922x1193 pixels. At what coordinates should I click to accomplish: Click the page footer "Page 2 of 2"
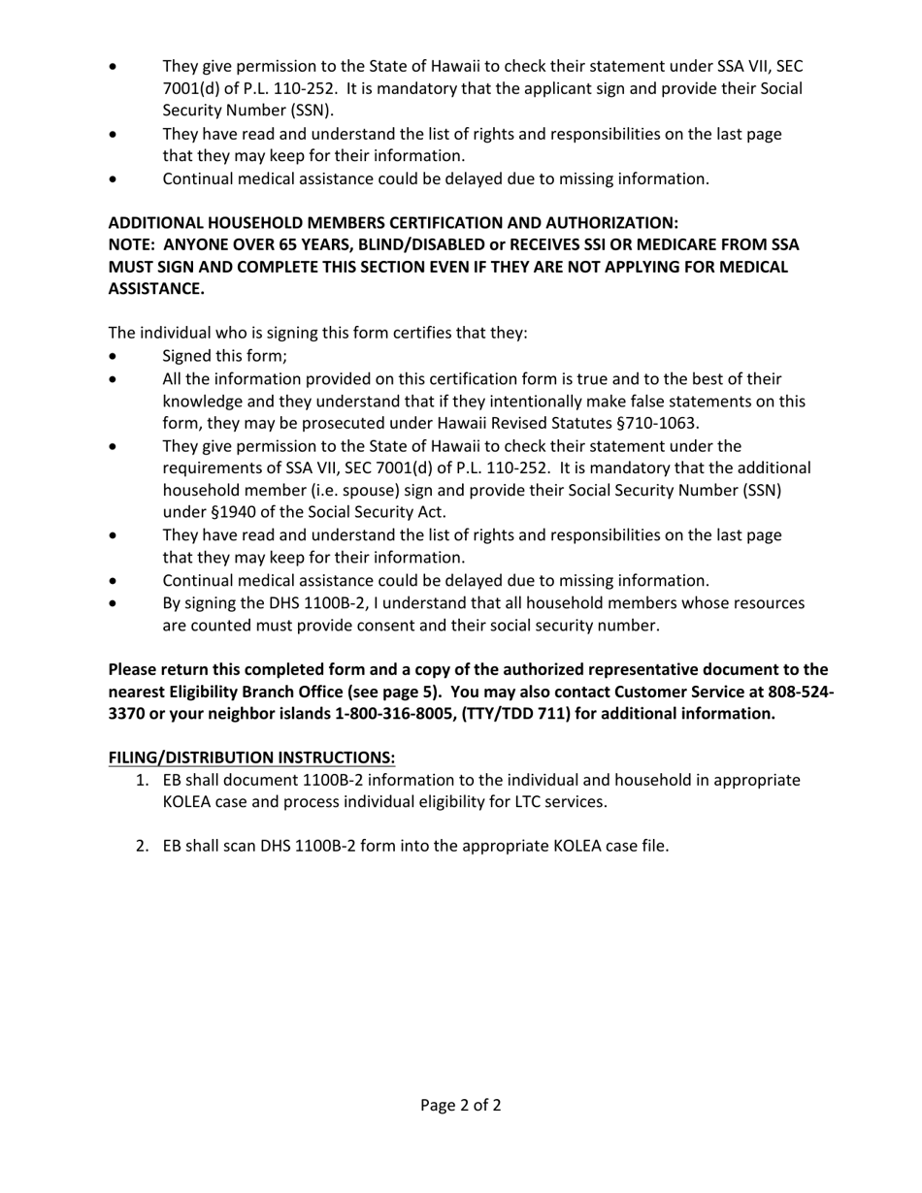click(x=460, y=1105)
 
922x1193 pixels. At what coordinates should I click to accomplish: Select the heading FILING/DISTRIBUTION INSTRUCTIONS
click(x=251, y=757)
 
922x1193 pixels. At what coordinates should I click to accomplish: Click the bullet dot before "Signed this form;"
click(x=115, y=357)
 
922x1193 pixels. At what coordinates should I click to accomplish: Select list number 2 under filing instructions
click(x=142, y=846)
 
